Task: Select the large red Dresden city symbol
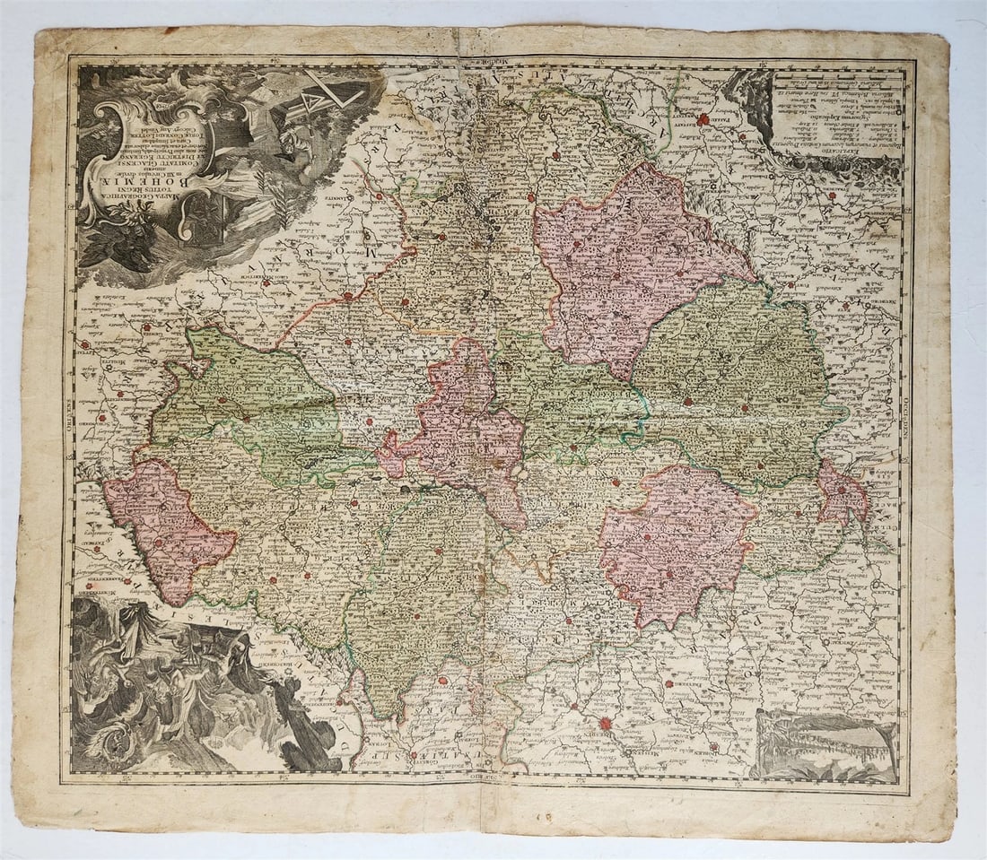click(x=605, y=723)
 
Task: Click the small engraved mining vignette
click(x=825, y=743)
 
